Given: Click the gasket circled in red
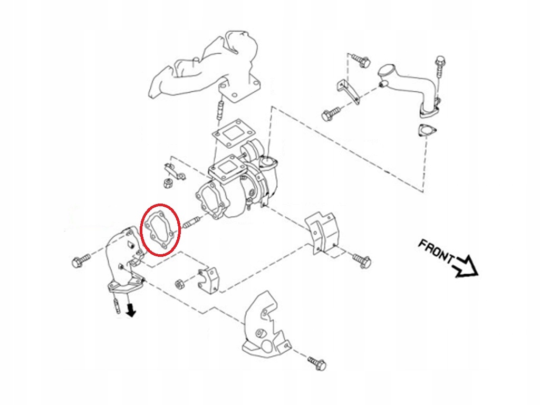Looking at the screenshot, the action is tap(161, 230).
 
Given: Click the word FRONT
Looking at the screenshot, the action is tap(436, 252).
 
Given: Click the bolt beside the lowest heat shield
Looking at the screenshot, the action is tap(317, 363).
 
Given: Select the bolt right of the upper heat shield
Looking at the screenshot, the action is tap(362, 259).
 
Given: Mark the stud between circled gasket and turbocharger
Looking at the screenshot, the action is tap(190, 224).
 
